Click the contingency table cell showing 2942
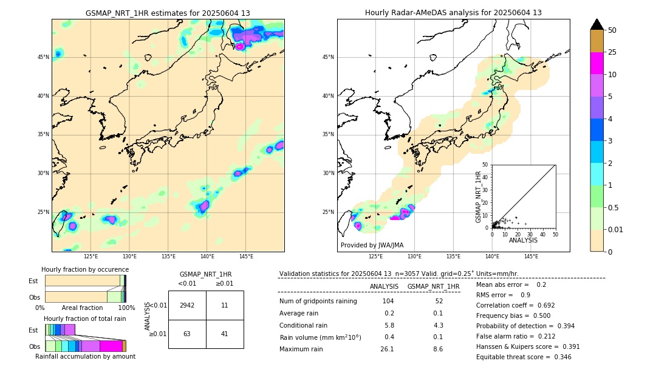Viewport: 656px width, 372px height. [187, 305]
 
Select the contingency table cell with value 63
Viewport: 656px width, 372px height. [187, 334]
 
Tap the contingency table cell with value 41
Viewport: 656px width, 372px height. [224, 334]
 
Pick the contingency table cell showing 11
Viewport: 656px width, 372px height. [224, 305]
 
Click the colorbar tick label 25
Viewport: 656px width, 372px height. [612, 52]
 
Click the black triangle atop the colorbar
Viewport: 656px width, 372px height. [596, 24]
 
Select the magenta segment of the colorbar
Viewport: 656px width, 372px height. [596, 63]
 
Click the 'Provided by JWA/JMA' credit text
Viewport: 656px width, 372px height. [372, 246]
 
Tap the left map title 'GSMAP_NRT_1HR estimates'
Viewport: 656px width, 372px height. [168, 13]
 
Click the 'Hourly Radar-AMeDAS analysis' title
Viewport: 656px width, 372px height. [453, 13]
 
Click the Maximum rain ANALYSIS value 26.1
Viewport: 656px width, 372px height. [387, 349]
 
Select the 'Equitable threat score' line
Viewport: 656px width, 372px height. [524, 357]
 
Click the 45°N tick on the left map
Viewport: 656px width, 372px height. [43, 57]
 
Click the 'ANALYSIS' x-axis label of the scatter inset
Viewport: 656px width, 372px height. [523, 240]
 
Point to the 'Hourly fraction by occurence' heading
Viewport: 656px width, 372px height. [85, 269]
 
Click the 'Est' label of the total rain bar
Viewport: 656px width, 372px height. [33, 330]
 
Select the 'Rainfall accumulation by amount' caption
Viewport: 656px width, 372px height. [85, 356]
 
